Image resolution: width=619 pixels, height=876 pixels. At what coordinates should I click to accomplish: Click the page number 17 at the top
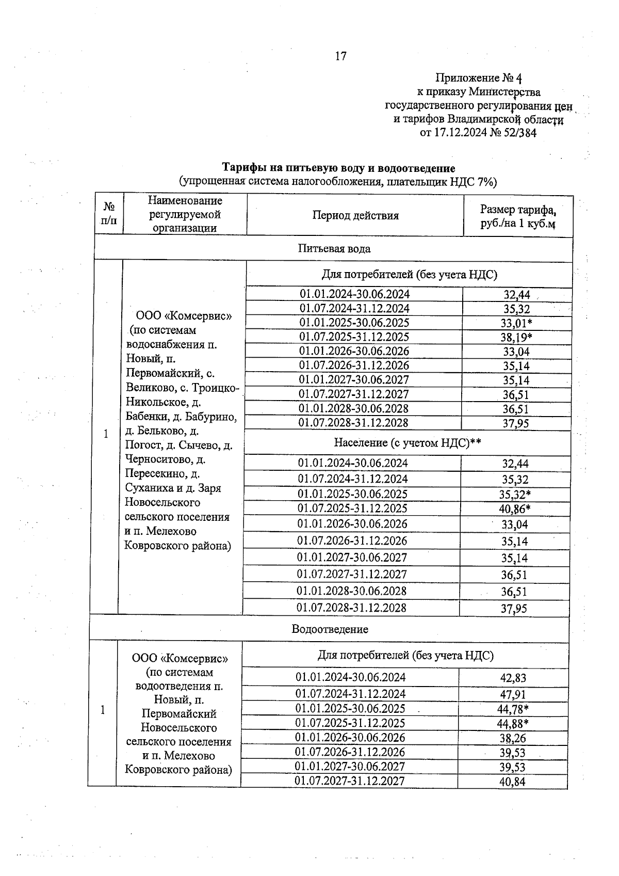(x=340, y=56)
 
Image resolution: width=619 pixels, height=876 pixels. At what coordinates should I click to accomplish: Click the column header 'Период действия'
(x=355, y=216)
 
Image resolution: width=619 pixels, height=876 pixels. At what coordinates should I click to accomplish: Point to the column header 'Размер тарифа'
(x=518, y=210)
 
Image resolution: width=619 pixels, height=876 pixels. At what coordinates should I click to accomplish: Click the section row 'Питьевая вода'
(x=334, y=249)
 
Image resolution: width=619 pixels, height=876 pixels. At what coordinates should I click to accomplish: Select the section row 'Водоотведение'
(x=330, y=629)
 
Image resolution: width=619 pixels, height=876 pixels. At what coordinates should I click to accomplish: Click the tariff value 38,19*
(x=516, y=338)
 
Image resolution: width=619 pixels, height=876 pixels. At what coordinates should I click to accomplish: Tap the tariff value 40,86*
(x=515, y=509)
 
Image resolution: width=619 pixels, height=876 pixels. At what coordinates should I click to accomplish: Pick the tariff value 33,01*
(x=516, y=324)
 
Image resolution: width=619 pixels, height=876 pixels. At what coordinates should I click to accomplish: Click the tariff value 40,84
(x=512, y=782)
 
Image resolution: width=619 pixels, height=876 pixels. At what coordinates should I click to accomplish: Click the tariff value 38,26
(x=512, y=738)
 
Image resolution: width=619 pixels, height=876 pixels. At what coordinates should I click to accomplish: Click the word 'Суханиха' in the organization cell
(x=147, y=488)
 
